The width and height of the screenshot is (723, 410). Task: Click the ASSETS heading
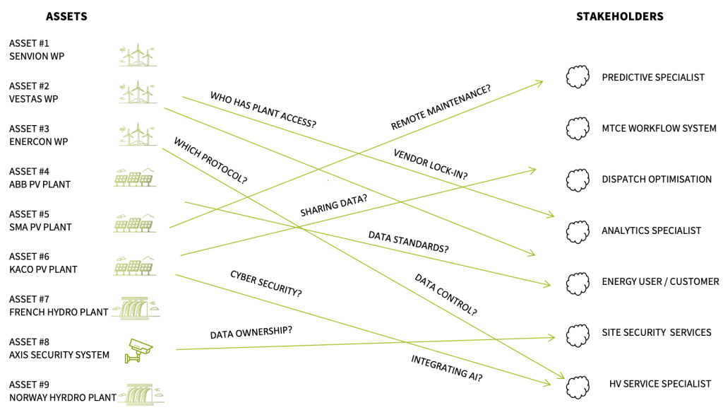66,17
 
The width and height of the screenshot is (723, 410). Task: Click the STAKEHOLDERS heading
620,17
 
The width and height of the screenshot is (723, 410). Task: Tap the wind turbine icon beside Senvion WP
138,55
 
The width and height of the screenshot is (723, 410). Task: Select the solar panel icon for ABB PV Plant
135,177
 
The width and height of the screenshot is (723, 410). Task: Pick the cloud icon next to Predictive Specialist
578,76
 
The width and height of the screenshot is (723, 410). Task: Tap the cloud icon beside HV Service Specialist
578,387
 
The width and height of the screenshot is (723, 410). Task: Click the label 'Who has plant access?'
263,110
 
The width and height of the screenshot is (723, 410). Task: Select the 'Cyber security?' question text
266,283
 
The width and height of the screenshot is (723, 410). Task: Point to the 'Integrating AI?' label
447,368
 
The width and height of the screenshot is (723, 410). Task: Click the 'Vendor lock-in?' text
430,164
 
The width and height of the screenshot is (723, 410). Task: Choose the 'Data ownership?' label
251,332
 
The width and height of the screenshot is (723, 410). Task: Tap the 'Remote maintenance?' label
441,107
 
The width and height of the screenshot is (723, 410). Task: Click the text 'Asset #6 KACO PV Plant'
43,263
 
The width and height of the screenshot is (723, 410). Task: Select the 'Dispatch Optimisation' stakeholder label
657,179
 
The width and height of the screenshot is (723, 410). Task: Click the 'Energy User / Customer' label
660,281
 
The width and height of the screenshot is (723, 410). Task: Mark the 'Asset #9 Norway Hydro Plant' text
63,391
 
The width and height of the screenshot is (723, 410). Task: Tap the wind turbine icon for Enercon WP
138,134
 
